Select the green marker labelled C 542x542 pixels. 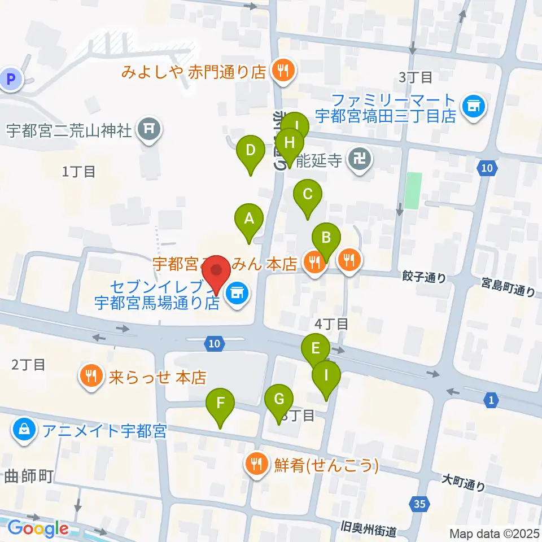coord(308,196)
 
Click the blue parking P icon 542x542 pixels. coord(11,79)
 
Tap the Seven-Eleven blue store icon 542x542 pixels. coord(237,292)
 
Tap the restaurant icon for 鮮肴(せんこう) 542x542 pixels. coord(257,465)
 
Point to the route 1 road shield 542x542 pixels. coord(491,400)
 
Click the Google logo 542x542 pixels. coord(38,528)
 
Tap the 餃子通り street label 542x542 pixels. coord(424,277)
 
